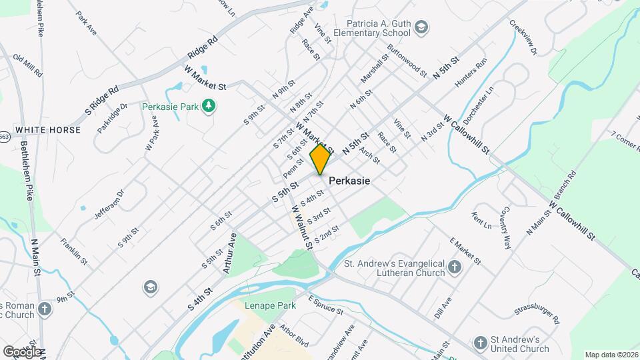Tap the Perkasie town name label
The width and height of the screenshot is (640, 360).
[x=349, y=181]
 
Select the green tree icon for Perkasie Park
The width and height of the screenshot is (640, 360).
[x=209, y=105]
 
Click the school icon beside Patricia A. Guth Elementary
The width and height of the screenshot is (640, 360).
[x=421, y=27]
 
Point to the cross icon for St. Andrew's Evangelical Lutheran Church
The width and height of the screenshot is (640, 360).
[x=455, y=267]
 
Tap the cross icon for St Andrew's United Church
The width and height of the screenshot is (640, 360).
[x=480, y=343]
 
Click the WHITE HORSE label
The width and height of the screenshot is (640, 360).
[x=47, y=130]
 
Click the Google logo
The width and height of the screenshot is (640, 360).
[x=22, y=351]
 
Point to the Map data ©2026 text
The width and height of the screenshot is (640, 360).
[x=611, y=355]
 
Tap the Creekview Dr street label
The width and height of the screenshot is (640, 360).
[x=523, y=33]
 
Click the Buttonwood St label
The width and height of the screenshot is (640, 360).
[x=406, y=60]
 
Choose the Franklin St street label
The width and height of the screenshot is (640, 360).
[x=74, y=250]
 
